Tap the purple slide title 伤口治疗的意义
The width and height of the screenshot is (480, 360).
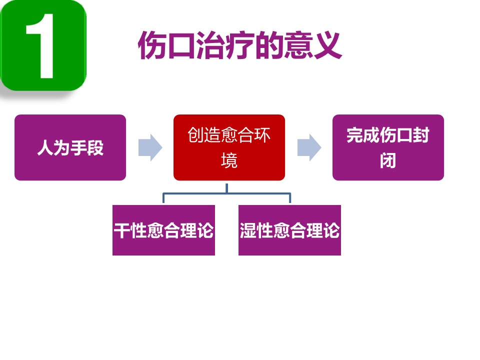240,45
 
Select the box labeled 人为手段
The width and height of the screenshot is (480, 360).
70,147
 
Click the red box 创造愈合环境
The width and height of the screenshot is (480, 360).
229,147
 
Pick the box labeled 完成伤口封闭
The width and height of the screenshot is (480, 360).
388,147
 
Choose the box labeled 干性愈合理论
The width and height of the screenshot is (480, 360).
163,230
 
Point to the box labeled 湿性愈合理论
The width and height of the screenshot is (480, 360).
289,230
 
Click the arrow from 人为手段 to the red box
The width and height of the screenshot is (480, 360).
150,147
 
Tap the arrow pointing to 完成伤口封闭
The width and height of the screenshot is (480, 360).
309,147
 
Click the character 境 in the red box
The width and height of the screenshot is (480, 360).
229,160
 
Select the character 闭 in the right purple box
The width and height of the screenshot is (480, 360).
388,160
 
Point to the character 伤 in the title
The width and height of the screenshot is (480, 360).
152,45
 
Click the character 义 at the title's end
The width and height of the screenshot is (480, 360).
328,45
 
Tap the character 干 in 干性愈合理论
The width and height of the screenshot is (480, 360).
122,230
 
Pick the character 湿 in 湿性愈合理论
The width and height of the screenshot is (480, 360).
248,230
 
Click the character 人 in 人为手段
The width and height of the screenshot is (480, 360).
45,147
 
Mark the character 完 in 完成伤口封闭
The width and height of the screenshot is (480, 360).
355,134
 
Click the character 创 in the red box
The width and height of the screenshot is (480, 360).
196,134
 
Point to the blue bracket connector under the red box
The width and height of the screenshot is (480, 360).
226,193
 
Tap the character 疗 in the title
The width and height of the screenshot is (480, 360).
240,45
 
